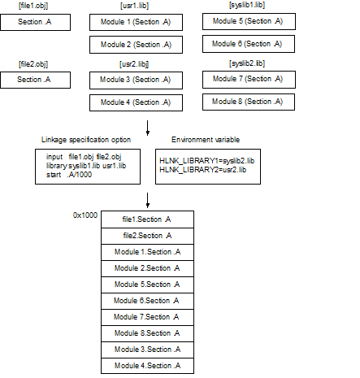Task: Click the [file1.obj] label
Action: [x=33, y=6]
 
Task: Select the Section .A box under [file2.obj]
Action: [x=35, y=80]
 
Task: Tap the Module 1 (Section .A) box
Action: [x=136, y=22]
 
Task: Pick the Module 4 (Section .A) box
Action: [x=136, y=102]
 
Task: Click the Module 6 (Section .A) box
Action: [x=249, y=44]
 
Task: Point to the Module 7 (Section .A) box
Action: [x=249, y=80]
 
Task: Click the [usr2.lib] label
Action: [x=134, y=64]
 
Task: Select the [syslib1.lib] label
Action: [x=247, y=5]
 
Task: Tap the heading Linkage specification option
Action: [x=86, y=140]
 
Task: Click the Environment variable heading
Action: [x=206, y=140]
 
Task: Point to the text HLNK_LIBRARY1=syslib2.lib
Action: [x=207, y=161]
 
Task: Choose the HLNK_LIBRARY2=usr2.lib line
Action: [x=203, y=170]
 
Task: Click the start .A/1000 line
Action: [x=69, y=175]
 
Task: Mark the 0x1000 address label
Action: [x=85, y=215]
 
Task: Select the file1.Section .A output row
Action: [x=147, y=219]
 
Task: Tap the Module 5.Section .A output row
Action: [x=147, y=285]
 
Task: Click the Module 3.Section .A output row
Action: [x=147, y=350]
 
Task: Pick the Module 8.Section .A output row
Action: [x=147, y=333]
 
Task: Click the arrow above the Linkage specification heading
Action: [x=148, y=128]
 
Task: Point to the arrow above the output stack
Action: [x=148, y=201]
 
